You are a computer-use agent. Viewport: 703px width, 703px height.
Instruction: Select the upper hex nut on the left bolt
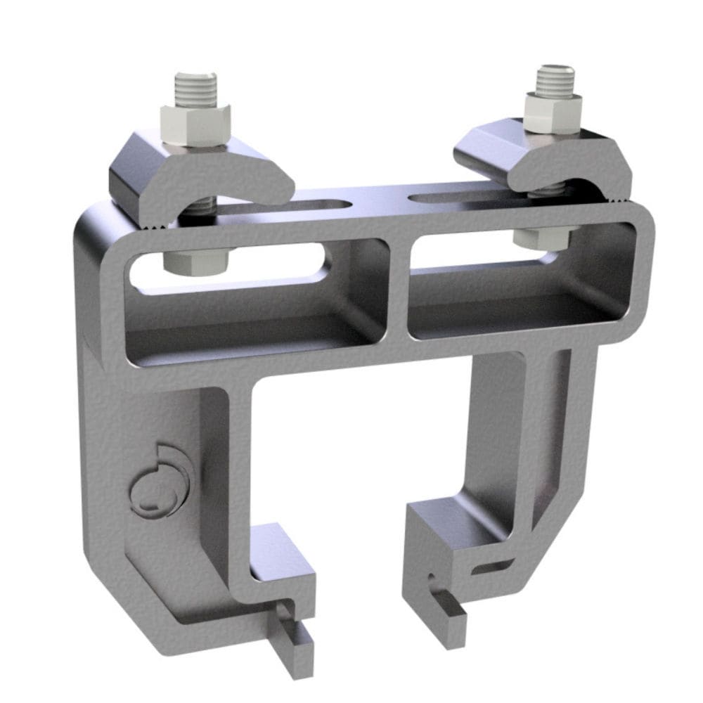tap(196, 123)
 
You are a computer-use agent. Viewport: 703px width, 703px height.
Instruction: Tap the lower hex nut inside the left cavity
tap(196, 261)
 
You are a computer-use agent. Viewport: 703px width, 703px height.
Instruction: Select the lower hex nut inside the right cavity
tap(544, 237)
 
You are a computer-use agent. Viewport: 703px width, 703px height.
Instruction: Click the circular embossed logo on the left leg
tap(160, 478)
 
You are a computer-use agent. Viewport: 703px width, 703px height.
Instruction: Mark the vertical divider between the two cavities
tap(398, 288)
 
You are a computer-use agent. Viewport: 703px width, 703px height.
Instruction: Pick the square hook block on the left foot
tap(281, 555)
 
